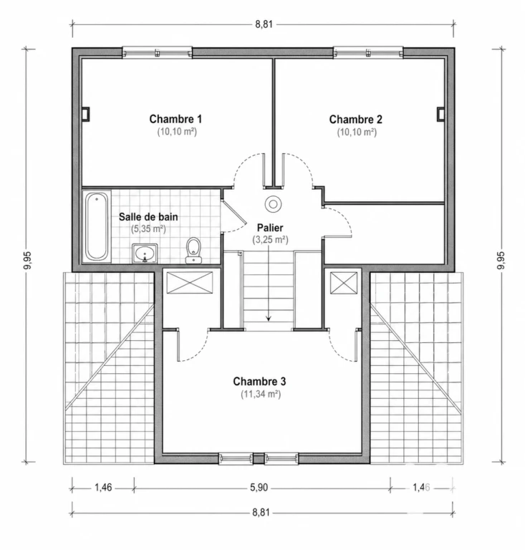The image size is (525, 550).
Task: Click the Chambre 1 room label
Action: point(175,120)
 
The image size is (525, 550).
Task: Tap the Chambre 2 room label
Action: point(356,120)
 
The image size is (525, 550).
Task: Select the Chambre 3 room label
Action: point(259,381)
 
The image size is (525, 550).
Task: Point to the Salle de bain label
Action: point(148,217)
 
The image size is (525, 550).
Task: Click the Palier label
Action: point(270,228)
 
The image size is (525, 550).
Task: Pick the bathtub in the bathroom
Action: point(97,226)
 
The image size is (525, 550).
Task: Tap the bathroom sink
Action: point(145,254)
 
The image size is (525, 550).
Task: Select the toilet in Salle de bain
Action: point(193,251)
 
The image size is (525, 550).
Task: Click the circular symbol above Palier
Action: point(273,204)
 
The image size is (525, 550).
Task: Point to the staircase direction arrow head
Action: point(269,319)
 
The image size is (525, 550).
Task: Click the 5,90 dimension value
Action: point(259,488)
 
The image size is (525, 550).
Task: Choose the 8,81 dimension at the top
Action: point(264,24)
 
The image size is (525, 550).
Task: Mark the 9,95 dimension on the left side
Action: point(27,260)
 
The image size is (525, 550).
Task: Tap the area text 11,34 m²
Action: point(261,395)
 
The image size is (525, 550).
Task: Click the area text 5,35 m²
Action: point(148,229)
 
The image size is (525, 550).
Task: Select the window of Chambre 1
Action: point(157,52)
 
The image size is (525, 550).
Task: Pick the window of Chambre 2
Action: point(368,52)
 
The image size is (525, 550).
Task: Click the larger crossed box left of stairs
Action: point(189,282)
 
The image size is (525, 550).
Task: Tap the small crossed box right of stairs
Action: point(344,283)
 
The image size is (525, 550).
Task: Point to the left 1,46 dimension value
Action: point(103,488)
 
